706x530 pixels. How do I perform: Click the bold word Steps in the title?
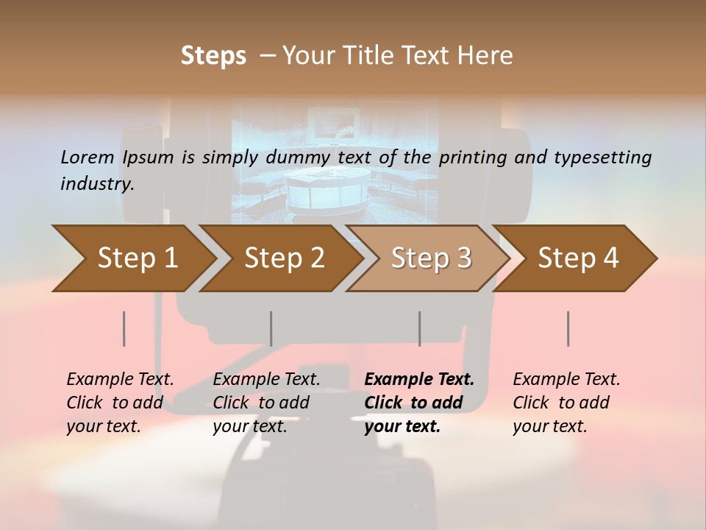pyautogui.click(x=213, y=56)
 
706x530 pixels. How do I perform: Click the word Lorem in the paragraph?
pyautogui.click(x=88, y=157)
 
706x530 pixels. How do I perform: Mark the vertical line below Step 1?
pyautogui.click(x=124, y=328)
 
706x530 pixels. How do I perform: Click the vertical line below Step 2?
pyautogui.click(x=271, y=328)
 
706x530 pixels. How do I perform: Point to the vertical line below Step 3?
pyautogui.click(x=419, y=328)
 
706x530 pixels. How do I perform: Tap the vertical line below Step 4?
pyautogui.click(x=568, y=328)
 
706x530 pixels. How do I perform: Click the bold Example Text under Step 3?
pyautogui.click(x=419, y=379)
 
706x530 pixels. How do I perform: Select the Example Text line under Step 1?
pyautogui.click(x=120, y=379)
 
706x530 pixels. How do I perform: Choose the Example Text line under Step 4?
pyautogui.click(x=566, y=379)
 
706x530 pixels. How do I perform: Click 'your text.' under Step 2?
pyautogui.click(x=250, y=426)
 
